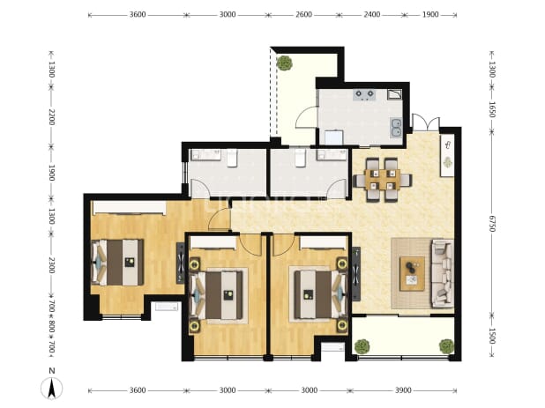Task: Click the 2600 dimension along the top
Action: click(x=303, y=15)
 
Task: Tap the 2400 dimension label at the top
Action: click(x=371, y=15)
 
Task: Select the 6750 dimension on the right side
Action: click(x=492, y=223)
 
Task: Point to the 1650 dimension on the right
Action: click(x=492, y=109)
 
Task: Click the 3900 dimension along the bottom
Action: click(x=403, y=390)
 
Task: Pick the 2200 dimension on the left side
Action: click(x=51, y=117)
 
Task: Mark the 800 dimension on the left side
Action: click(x=51, y=327)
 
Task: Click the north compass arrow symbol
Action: click(x=52, y=388)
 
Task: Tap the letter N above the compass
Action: click(x=52, y=371)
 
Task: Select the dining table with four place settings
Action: click(x=383, y=180)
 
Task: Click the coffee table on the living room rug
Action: click(x=412, y=273)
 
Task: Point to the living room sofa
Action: click(x=443, y=273)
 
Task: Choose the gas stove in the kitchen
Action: click(x=364, y=95)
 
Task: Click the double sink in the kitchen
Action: click(x=396, y=127)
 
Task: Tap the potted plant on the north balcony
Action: click(x=284, y=63)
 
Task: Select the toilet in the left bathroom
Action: click(x=232, y=159)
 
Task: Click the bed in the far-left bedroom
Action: click(x=117, y=263)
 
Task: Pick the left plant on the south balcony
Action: click(x=362, y=346)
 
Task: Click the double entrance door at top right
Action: click(x=426, y=122)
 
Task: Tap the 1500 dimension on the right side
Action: click(x=492, y=336)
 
